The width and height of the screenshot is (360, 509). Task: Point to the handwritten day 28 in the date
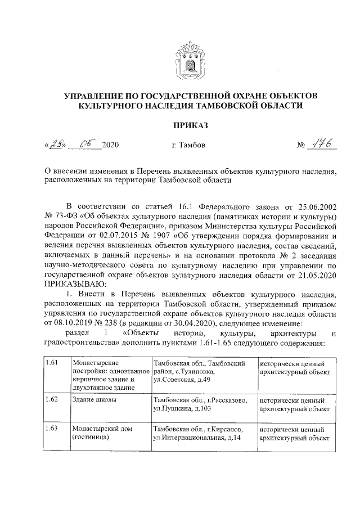(56, 144)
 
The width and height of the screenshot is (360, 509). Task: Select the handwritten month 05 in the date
(88, 144)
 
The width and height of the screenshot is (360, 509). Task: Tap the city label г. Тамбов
(188, 146)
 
